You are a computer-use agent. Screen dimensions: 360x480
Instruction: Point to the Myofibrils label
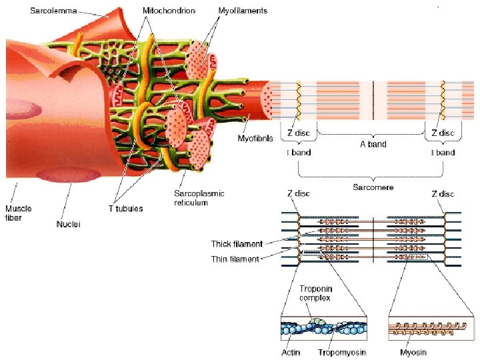click(x=255, y=139)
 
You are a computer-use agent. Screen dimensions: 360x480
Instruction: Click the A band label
click(x=372, y=143)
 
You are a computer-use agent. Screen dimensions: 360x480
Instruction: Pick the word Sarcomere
click(x=373, y=187)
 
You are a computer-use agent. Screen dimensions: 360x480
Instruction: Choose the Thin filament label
click(x=235, y=259)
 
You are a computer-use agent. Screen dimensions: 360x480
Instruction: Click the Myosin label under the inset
click(x=413, y=352)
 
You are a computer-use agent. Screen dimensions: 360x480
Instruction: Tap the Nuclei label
click(x=68, y=225)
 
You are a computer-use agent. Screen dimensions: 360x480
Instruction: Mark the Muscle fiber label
click(x=19, y=212)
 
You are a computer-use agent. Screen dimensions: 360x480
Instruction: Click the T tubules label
click(x=126, y=208)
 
